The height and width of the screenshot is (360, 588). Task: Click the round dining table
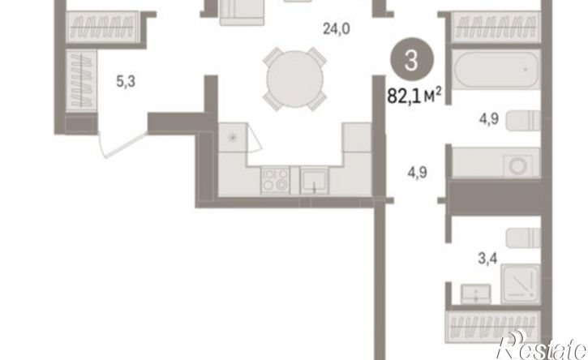click(x=294, y=79)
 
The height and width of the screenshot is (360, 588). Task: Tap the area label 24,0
click(x=337, y=28)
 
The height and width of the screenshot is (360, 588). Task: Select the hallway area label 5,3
click(x=126, y=81)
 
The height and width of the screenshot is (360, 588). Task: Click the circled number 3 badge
click(x=412, y=60)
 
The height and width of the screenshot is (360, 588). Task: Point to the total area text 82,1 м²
click(x=414, y=96)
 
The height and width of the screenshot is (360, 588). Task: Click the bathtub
click(x=496, y=70)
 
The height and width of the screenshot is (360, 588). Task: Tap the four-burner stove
click(x=275, y=180)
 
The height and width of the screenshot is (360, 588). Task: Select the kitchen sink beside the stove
click(x=314, y=181)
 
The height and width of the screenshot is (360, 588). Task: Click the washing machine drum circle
click(x=518, y=165)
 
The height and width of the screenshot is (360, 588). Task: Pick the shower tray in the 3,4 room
click(x=520, y=284)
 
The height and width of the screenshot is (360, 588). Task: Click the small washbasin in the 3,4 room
click(x=476, y=294)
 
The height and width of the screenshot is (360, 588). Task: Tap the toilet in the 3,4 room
click(x=523, y=238)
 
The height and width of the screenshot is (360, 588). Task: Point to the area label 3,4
click(x=487, y=259)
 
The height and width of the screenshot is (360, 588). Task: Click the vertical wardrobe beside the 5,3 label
click(x=81, y=81)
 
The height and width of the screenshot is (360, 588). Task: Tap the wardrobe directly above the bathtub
click(x=496, y=28)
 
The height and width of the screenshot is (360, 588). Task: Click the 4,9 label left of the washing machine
click(x=418, y=173)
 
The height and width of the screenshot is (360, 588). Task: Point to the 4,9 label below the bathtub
click(x=488, y=119)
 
